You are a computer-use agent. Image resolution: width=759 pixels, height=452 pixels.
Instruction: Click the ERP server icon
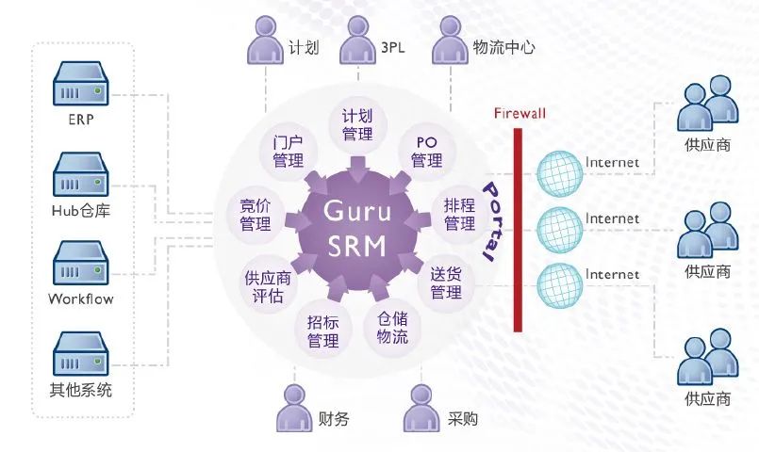coord(80,84)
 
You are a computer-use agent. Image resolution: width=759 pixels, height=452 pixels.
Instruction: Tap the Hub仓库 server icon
coord(80,174)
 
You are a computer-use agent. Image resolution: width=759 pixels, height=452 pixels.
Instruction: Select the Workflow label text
coord(81,299)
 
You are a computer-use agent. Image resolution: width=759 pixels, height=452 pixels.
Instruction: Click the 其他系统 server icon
coord(80,354)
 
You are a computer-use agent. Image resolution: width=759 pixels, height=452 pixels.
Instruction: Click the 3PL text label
coord(392,47)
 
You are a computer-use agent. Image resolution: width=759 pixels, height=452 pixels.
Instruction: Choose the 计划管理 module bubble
coord(357,124)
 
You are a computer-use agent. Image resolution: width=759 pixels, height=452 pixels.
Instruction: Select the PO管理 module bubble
coord(426,152)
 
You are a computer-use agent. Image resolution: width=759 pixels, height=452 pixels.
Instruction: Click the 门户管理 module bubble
coord(288,152)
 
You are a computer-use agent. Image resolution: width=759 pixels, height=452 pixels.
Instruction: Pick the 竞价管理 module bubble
coord(256,216)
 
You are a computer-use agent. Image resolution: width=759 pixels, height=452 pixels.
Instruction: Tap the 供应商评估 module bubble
coord(268,286)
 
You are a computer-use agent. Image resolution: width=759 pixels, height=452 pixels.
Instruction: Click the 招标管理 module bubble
coord(322,331)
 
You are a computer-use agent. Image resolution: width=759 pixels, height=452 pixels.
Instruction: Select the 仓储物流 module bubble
coord(392,328)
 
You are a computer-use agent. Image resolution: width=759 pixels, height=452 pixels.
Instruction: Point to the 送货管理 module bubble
coord(446,283)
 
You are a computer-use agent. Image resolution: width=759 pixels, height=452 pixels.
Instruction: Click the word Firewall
coord(520,114)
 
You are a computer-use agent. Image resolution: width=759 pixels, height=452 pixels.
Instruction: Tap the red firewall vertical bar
coord(518,230)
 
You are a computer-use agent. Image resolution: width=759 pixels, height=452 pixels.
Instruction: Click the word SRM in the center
coord(357,246)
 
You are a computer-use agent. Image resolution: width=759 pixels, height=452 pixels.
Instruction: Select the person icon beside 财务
coord(295,409)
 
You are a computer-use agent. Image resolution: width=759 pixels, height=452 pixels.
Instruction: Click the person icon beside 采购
coord(422,409)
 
